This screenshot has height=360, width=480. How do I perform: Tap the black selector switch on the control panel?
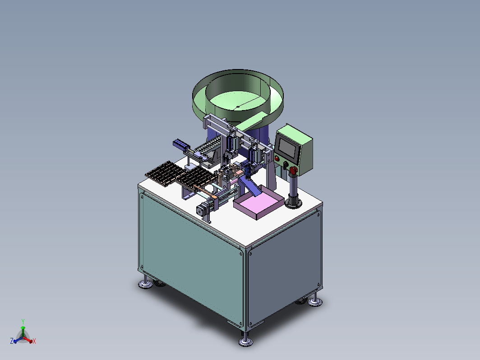click(x=286, y=165)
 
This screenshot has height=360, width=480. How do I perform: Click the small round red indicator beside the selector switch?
click(x=277, y=158)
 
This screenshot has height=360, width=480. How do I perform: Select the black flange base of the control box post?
click(x=294, y=203)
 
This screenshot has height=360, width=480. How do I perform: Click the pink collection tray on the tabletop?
click(x=258, y=203)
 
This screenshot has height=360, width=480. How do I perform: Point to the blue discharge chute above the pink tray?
click(x=249, y=186)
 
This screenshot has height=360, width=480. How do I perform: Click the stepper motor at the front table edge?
click(x=201, y=210)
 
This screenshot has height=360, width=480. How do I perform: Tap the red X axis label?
click(x=34, y=341)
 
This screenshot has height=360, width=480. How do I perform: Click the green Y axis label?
click(x=23, y=321)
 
